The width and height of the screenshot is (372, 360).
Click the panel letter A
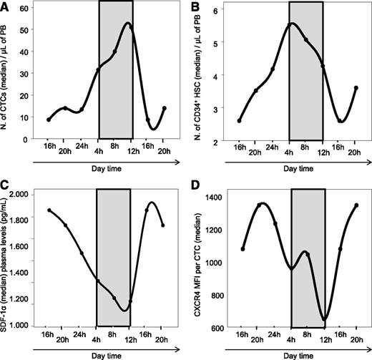click(5, 6)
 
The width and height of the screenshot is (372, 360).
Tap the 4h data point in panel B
click(290, 24)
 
